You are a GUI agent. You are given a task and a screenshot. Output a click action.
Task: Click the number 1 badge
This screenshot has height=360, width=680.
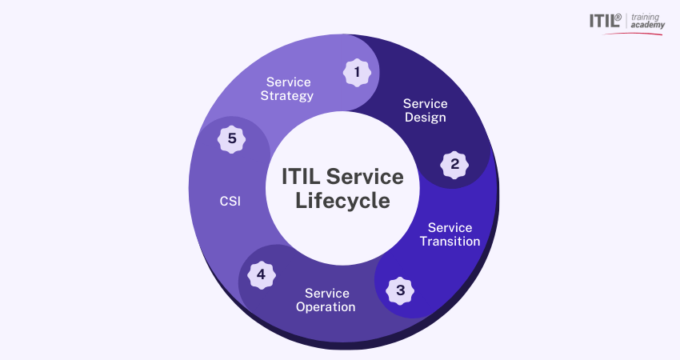357,73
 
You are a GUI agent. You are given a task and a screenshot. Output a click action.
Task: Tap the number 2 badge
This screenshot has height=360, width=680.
455,165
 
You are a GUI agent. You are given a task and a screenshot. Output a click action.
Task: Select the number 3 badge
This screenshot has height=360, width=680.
401,290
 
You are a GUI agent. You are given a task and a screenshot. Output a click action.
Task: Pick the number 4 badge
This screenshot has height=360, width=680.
261,275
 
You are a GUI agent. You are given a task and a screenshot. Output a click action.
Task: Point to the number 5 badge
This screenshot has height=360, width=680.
232,139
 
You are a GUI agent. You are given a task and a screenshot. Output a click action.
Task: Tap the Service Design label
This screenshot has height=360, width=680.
425,110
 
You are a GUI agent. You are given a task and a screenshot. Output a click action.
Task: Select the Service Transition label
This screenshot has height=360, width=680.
450,234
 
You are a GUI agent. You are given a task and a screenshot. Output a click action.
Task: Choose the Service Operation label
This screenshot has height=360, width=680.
326,300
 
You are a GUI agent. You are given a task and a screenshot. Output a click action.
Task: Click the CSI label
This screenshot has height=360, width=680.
230,202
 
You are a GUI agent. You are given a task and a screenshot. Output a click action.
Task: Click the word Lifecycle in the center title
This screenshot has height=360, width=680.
342,200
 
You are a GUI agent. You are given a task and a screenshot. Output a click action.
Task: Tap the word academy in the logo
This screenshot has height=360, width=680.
647,26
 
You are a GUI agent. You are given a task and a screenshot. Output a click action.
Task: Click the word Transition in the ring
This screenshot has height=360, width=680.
450,242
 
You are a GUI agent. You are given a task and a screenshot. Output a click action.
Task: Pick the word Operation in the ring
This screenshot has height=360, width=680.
326,307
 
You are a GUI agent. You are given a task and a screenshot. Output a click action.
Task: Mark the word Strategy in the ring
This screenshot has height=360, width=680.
287,96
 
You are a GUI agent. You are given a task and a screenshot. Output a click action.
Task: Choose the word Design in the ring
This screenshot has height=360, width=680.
425,118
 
